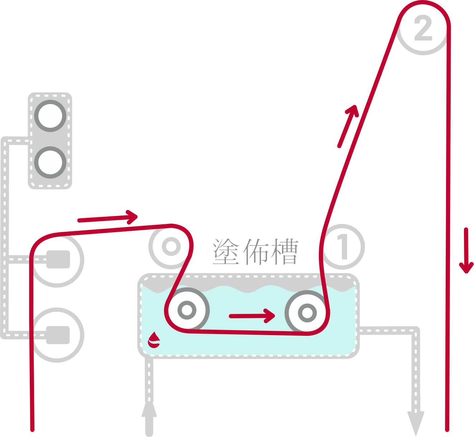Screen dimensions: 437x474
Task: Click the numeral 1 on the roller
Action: point(343,247)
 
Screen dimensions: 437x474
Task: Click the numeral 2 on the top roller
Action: point(423,28)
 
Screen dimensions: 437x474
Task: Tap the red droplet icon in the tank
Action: point(154,339)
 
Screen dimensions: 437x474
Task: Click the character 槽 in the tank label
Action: point(284,252)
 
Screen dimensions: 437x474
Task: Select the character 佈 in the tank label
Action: point(255,252)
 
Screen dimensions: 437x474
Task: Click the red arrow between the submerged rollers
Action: point(252,316)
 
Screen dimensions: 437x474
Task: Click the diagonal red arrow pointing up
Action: point(348,126)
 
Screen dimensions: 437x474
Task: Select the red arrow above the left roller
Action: point(108,217)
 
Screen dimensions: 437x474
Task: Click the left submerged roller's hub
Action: point(187,310)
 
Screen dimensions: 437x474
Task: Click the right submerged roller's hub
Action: point(307,312)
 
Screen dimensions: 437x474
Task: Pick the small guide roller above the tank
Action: point(171,247)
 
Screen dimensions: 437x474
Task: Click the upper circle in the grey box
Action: point(50,116)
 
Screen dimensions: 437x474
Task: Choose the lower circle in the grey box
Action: point(50,162)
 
